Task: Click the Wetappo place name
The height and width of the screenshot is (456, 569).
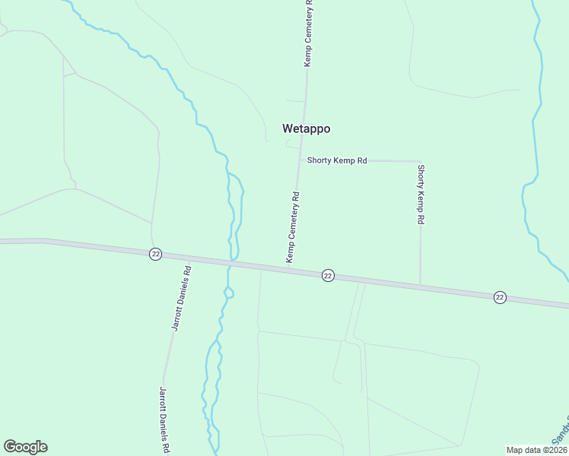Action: click(306, 128)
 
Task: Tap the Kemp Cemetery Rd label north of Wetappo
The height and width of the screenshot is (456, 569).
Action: click(309, 33)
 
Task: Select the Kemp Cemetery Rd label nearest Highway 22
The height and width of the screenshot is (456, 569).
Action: click(293, 227)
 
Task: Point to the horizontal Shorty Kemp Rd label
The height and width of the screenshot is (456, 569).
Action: click(337, 161)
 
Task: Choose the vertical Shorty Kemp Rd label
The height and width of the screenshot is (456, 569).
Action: click(421, 194)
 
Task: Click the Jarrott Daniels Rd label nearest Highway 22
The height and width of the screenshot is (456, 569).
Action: click(180, 298)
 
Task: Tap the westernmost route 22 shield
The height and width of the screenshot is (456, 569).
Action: click(155, 254)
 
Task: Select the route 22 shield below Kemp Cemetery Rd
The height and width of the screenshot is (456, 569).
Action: click(327, 274)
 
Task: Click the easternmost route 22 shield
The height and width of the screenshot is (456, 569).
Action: click(499, 296)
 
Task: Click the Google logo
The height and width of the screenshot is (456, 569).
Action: click(25, 447)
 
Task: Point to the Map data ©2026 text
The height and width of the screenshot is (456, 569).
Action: click(537, 450)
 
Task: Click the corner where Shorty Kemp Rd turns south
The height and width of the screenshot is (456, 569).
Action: click(420, 162)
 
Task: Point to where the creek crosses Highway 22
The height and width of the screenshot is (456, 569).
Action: click(233, 263)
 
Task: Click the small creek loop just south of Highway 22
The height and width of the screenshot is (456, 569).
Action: click(229, 293)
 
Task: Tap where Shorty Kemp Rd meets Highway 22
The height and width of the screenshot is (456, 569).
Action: click(421, 286)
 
